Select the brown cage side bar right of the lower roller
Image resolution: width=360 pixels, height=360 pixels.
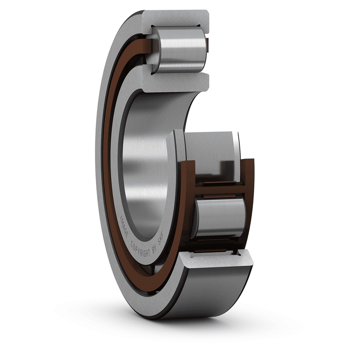pos(249,202)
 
